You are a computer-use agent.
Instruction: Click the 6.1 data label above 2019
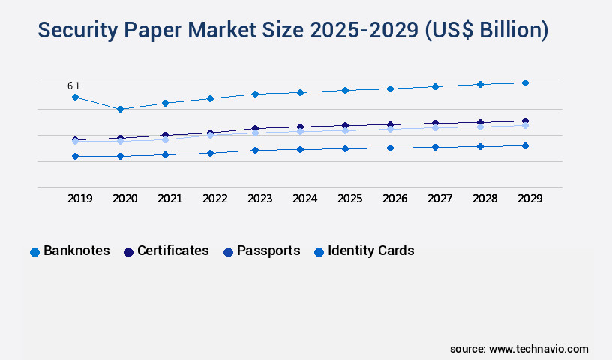coord(74,86)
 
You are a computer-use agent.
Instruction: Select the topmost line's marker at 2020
coord(120,109)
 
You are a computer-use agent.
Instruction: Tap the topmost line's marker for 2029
coord(525,82)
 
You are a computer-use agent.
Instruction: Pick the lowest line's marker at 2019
coord(75,156)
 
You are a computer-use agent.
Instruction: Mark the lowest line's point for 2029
coord(525,145)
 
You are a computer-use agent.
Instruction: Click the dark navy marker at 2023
coord(255,128)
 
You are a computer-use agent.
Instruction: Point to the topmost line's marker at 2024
coord(300,92)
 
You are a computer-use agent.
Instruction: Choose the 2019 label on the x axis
coord(80,199)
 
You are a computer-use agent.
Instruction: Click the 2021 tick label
coord(170,199)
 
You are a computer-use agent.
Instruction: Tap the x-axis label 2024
coord(305,199)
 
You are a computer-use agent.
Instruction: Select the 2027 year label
coord(440,199)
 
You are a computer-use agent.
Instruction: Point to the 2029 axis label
coord(530,199)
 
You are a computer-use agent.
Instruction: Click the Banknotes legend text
coord(76,250)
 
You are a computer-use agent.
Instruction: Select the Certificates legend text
coord(172,250)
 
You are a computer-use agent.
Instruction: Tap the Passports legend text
coord(268,250)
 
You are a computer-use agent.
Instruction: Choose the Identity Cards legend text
coord(370,250)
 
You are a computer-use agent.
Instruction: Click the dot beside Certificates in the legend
coord(128,252)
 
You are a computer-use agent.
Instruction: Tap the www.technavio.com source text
coord(538,349)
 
